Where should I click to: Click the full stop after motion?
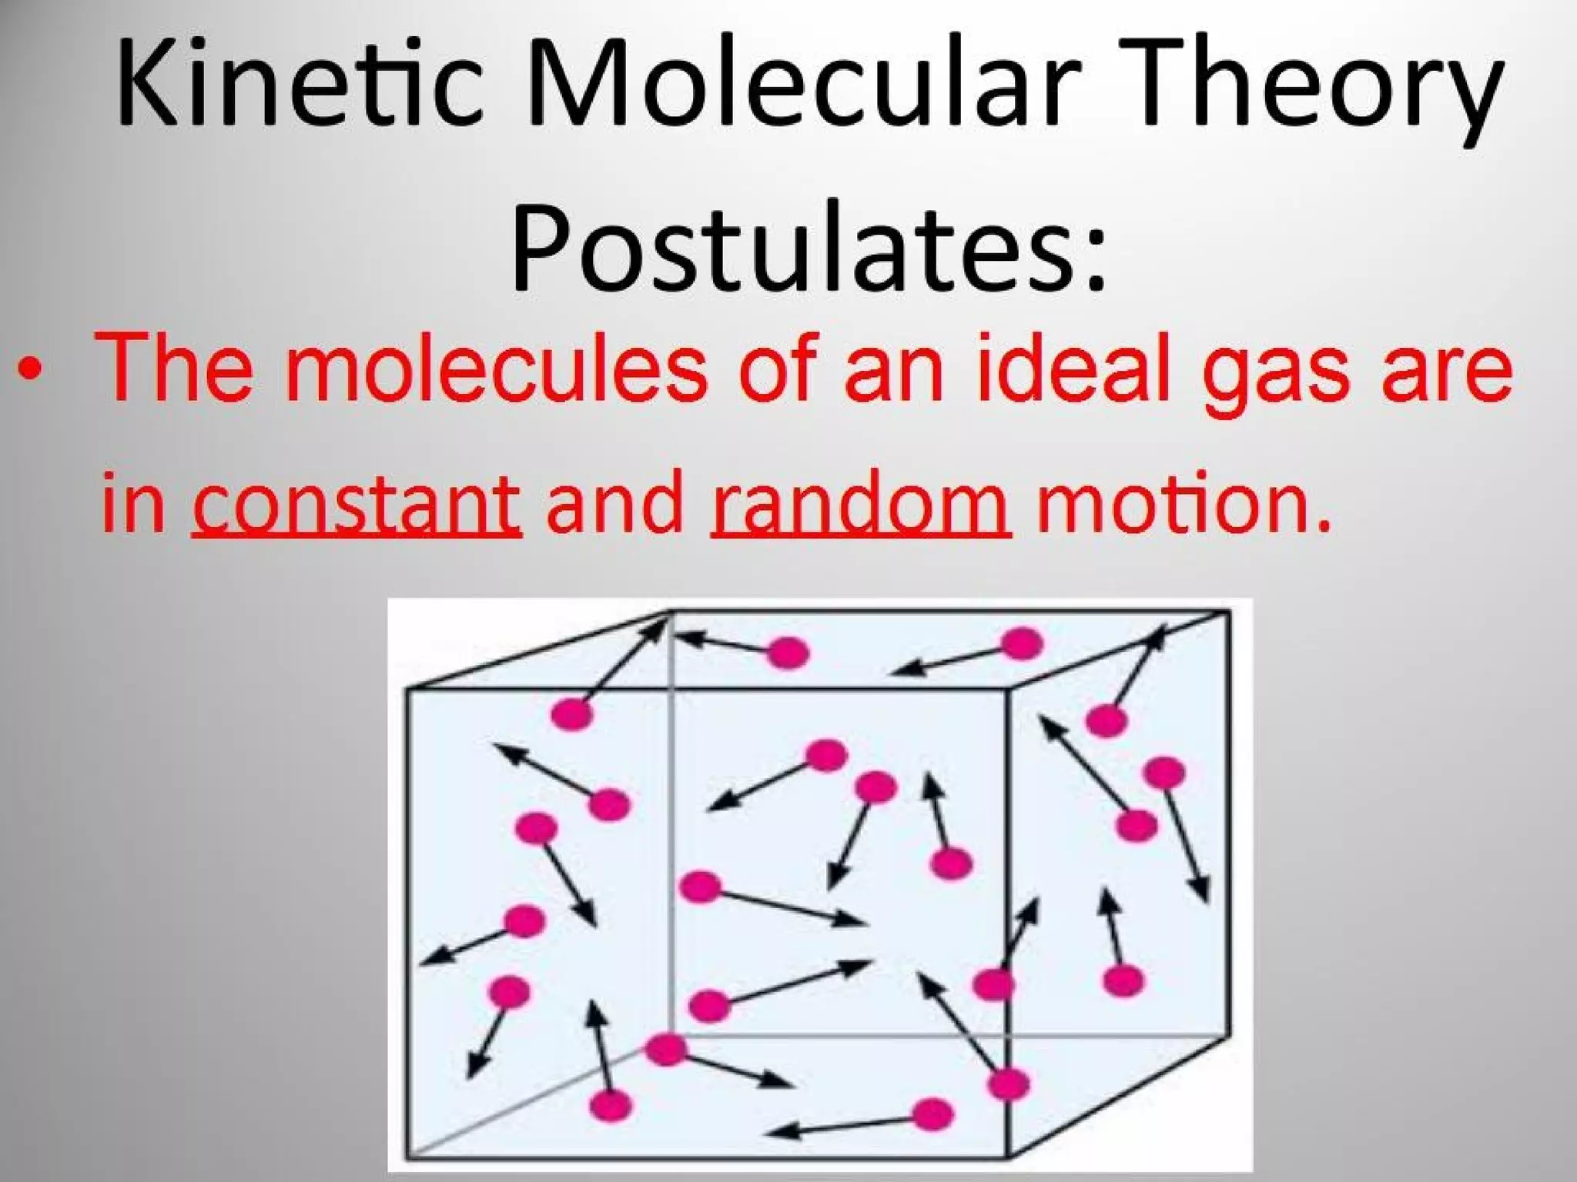click(x=1323, y=526)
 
